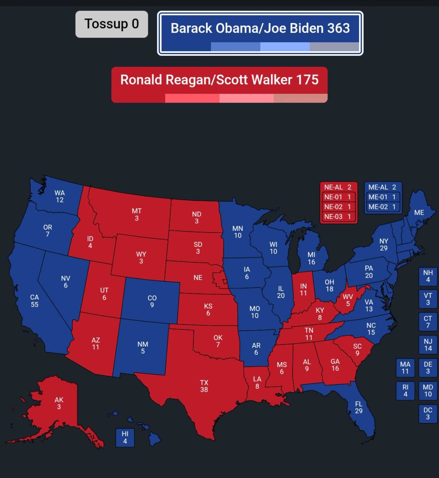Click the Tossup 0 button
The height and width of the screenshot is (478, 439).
(112, 24)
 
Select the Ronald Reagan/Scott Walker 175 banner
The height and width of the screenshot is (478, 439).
(219, 80)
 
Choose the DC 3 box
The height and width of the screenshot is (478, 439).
(428, 413)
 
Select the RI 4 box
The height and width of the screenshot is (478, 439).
(405, 391)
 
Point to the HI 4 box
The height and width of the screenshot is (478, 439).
(125, 437)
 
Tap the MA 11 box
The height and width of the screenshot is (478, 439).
(405, 368)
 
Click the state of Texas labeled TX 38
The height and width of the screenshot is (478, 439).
(204, 386)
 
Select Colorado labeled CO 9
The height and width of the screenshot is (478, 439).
(152, 301)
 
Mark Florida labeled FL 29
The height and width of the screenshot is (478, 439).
(359, 407)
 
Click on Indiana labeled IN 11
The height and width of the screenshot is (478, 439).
(303, 290)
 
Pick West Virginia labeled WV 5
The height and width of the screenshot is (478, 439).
(348, 300)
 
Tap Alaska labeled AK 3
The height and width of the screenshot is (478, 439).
(59, 403)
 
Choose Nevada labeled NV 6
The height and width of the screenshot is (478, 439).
(66, 282)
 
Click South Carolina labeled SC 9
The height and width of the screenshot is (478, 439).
(357, 350)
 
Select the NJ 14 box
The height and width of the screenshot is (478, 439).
(428, 345)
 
